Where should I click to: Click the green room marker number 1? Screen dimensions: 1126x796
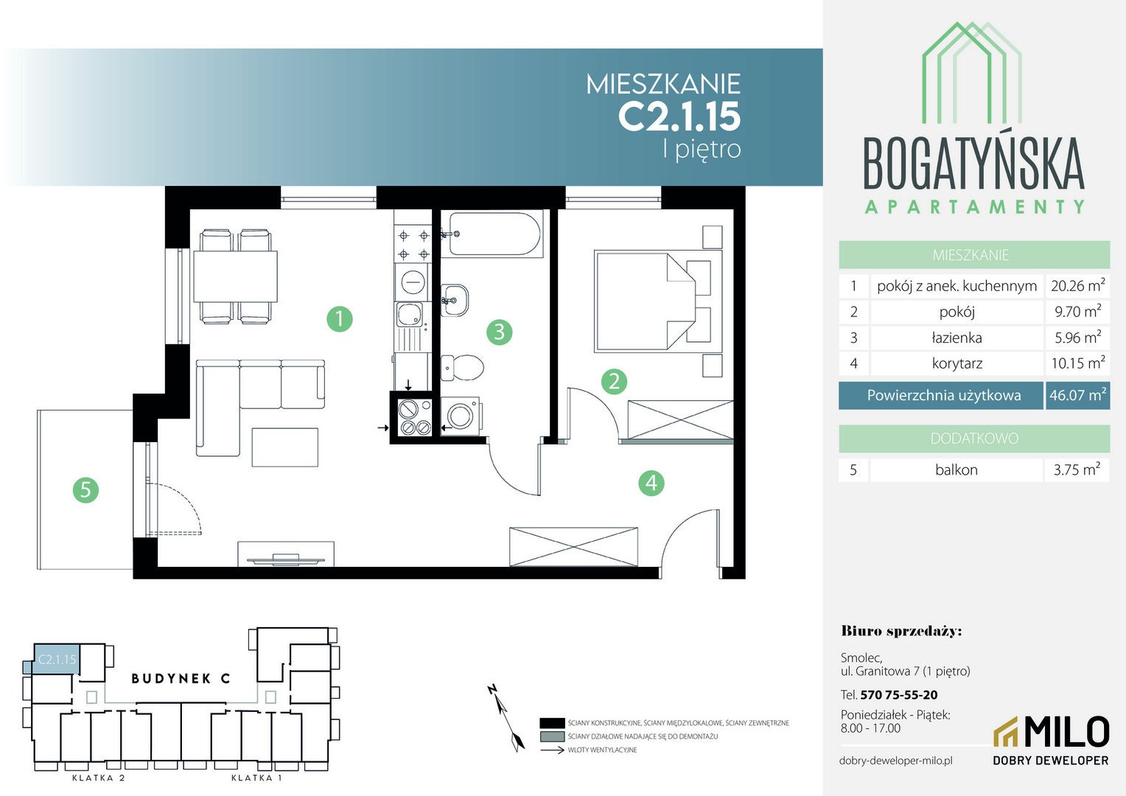(339, 319)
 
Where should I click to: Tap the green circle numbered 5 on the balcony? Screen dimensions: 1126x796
(85, 490)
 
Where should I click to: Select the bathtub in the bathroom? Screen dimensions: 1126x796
(495, 234)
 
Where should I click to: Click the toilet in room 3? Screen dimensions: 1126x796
(462, 368)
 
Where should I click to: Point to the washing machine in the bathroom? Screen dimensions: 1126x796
(461, 416)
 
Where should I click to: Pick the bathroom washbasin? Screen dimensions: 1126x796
(455, 300)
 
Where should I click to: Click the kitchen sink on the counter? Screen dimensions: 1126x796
(410, 315)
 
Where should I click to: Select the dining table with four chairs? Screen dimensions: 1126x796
(235, 276)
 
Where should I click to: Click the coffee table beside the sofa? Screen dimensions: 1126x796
(285, 447)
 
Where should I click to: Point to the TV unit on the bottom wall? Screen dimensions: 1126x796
(285, 554)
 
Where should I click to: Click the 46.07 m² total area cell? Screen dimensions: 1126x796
(1078, 395)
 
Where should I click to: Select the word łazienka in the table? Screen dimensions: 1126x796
(957, 338)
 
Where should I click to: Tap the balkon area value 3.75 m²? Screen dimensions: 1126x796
(1077, 469)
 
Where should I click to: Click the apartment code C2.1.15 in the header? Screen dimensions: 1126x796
(679, 116)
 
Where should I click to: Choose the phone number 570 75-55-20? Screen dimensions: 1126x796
(899, 695)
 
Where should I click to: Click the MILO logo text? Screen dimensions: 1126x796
(1066, 732)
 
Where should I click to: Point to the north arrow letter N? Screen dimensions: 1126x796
(492, 689)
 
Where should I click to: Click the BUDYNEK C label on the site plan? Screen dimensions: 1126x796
(181, 679)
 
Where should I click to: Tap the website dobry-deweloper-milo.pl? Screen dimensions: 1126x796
(896, 761)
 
